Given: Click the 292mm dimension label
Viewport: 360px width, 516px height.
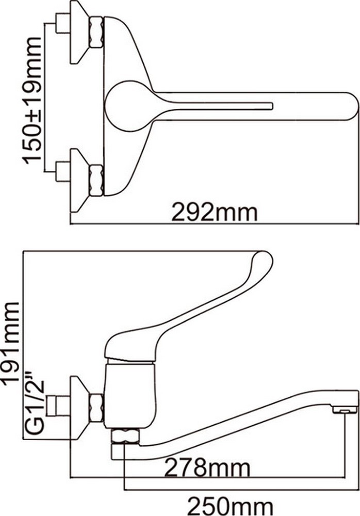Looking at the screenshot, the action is (215, 213).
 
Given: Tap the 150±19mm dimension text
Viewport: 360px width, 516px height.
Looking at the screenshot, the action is (32, 101).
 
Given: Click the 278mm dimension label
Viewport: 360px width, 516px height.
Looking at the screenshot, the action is (207, 467).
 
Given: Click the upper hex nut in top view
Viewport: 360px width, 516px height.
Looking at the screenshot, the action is (96, 33).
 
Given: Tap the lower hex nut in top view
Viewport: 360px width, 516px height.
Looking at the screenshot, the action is (96, 180).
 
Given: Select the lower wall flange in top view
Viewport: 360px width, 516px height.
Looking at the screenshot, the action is (79, 180).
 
